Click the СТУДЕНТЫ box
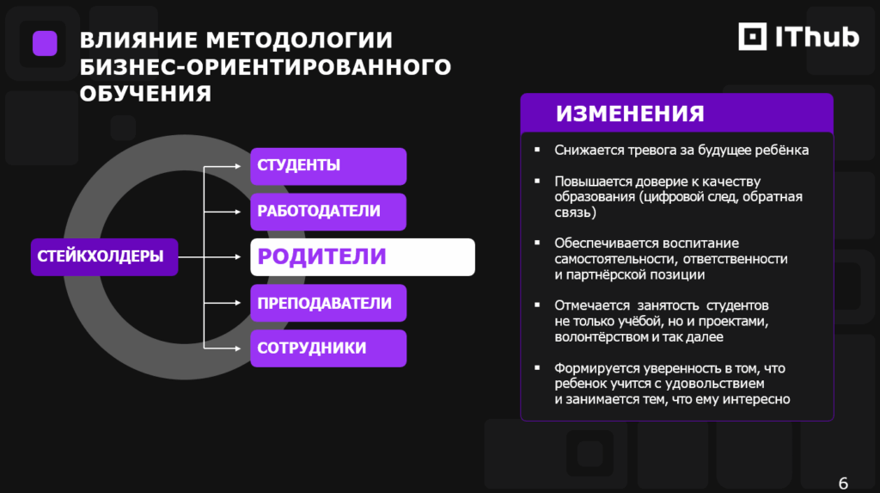coord(328,166)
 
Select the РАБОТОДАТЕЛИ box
coord(328,212)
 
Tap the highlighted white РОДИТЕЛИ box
coord(363,257)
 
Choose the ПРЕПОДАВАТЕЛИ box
coord(328,303)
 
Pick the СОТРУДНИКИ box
coord(328,348)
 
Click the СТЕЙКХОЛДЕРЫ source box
coord(104,257)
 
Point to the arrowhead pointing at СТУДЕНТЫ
coord(238,166)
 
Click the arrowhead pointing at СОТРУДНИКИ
coord(238,348)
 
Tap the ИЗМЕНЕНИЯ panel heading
coord(630,114)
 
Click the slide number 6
coord(843,484)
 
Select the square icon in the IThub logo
coord(753,36)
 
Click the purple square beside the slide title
coord(45,43)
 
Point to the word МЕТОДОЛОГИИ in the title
coord(299,40)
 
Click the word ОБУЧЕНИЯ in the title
coord(145,94)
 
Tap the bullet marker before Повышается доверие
coord(537,181)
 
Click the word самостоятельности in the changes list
coord(615,259)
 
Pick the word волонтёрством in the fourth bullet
coord(601,337)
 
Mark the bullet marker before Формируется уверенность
coord(537,367)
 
